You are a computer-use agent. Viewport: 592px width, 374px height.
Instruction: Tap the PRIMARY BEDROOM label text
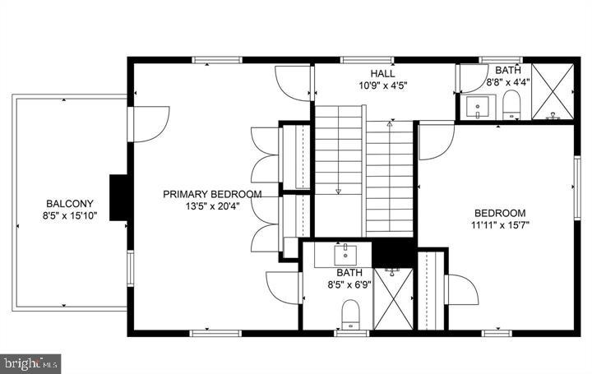pos(212,194)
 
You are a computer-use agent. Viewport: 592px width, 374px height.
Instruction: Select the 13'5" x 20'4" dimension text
pos(212,206)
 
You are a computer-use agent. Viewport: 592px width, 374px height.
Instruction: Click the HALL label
pos(383,73)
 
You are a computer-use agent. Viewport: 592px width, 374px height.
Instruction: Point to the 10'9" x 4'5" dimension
pos(383,85)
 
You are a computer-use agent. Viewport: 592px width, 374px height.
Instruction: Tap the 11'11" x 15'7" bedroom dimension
pos(499,223)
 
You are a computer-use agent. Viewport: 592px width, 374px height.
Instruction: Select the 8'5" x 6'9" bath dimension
pos(349,284)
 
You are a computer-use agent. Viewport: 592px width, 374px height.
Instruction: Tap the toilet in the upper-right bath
pos(511,105)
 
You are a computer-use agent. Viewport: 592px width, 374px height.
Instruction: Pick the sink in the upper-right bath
pos(478,107)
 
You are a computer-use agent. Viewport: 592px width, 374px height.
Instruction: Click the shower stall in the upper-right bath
pos(553,91)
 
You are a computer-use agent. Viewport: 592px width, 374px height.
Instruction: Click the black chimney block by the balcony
pos(119,195)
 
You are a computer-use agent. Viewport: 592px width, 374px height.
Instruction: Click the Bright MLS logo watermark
pos(30,361)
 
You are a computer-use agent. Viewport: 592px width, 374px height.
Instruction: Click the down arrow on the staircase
pos(338,190)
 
